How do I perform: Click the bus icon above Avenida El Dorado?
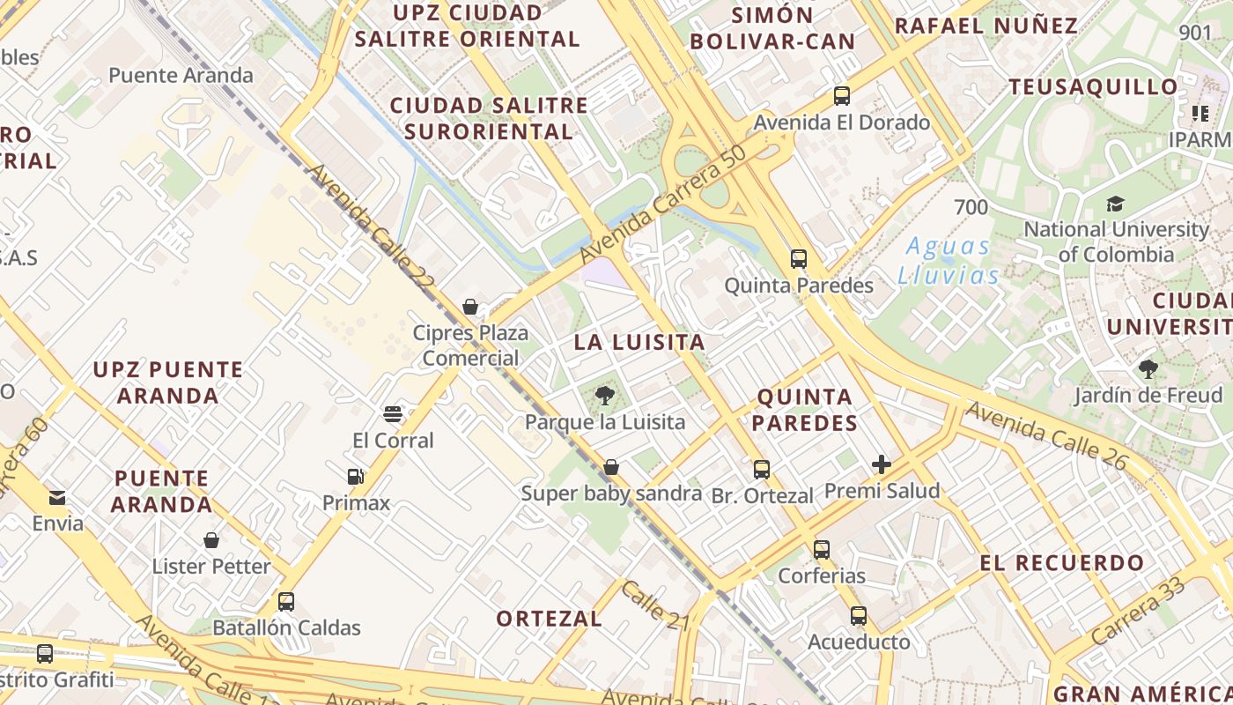tap(842, 96)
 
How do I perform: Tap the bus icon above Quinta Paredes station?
tap(799, 259)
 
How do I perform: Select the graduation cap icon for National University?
tap(1116, 204)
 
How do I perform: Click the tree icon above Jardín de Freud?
tap(1148, 369)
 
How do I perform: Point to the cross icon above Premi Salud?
tap(882, 464)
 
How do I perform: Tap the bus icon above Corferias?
tap(822, 550)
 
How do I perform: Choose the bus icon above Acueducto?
tap(859, 616)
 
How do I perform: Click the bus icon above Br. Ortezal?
tap(762, 470)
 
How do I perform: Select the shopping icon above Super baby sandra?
tap(611, 467)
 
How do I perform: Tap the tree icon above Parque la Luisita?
tap(604, 396)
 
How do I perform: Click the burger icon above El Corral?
tap(393, 414)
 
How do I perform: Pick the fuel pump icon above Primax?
tap(356, 477)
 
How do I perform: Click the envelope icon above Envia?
tap(57, 498)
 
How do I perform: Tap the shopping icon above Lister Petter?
tap(211, 540)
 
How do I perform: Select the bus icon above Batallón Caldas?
tap(286, 602)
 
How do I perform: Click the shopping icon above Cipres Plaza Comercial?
tap(470, 307)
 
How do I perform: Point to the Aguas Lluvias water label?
tap(948, 261)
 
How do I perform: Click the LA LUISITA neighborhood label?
tap(639, 342)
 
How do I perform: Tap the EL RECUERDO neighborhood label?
tap(1062, 562)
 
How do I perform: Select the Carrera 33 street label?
tap(1137, 611)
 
